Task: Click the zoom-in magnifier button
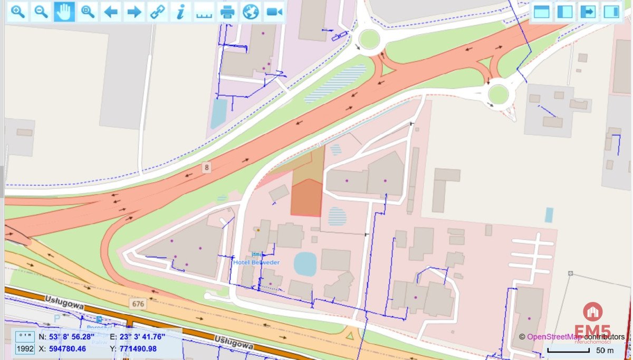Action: pyautogui.click(x=18, y=12)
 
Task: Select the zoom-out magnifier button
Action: pyautogui.click(x=41, y=12)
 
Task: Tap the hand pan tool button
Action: pyautogui.click(x=64, y=12)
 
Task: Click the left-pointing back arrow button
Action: pyautogui.click(x=110, y=12)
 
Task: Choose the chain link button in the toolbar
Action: pyautogui.click(x=157, y=12)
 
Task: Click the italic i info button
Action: pyautogui.click(x=180, y=12)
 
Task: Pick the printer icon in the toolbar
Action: pyautogui.click(x=227, y=12)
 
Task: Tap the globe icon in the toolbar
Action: pyautogui.click(x=250, y=12)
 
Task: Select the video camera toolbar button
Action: pyautogui.click(x=274, y=12)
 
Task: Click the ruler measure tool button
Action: pyautogui.click(x=204, y=12)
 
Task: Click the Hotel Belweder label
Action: pyautogui.click(x=257, y=262)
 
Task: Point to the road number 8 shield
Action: pyautogui.click(x=207, y=167)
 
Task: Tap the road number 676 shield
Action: pyautogui.click(x=138, y=304)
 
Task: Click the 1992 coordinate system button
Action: pyautogui.click(x=25, y=349)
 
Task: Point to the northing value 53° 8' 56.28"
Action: pyautogui.click(x=72, y=336)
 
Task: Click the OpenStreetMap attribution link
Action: pyautogui.click(x=554, y=336)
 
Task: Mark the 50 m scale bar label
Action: pyautogui.click(x=605, y=350)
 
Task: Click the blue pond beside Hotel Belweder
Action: pyautogui.click(x=305, y=264)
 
